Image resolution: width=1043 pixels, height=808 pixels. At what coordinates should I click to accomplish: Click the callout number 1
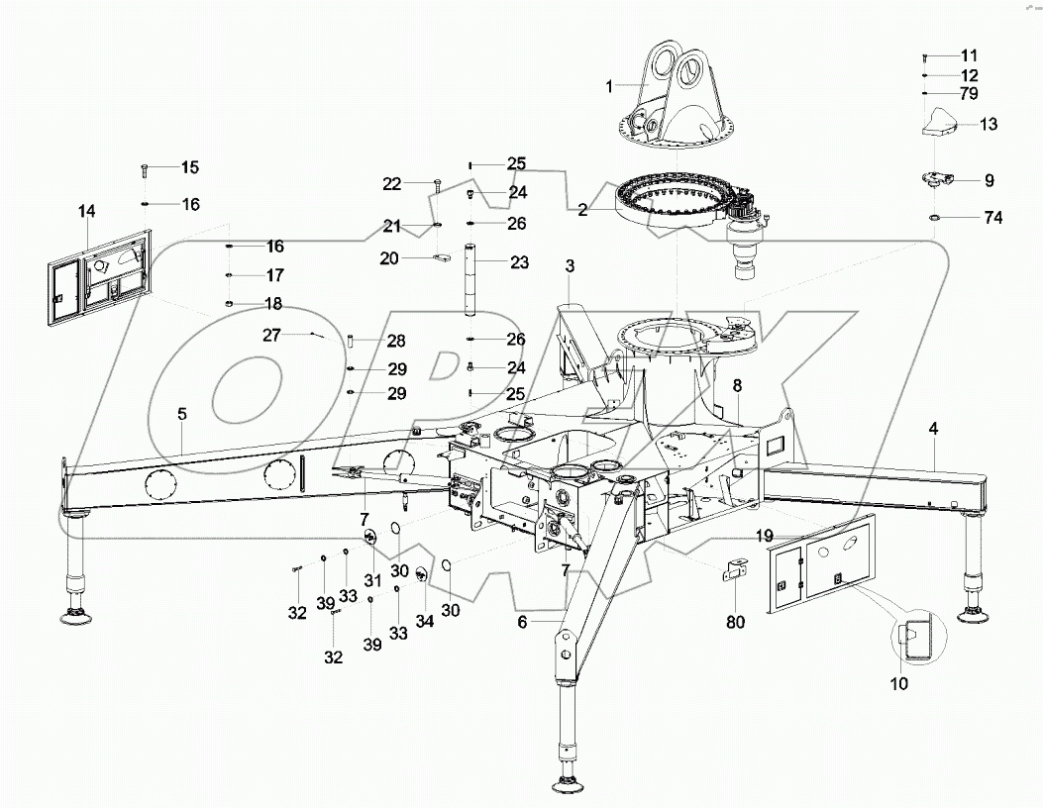[611, 86]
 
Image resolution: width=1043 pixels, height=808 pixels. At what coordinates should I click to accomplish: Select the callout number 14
[87, 211]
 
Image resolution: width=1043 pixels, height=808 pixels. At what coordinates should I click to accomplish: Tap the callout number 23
[519, 262]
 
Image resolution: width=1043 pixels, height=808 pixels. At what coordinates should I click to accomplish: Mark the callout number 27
[272, 335]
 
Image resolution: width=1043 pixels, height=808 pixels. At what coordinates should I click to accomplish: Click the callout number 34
[424, 621]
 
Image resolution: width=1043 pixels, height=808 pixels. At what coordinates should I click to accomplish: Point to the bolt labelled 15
[144, 169]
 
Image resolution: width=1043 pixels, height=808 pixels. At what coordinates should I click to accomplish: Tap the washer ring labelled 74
[934, 218]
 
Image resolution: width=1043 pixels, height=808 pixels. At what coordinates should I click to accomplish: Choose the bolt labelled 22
[436, 183]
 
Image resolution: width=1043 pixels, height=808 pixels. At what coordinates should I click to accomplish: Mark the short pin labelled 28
[350, 342]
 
